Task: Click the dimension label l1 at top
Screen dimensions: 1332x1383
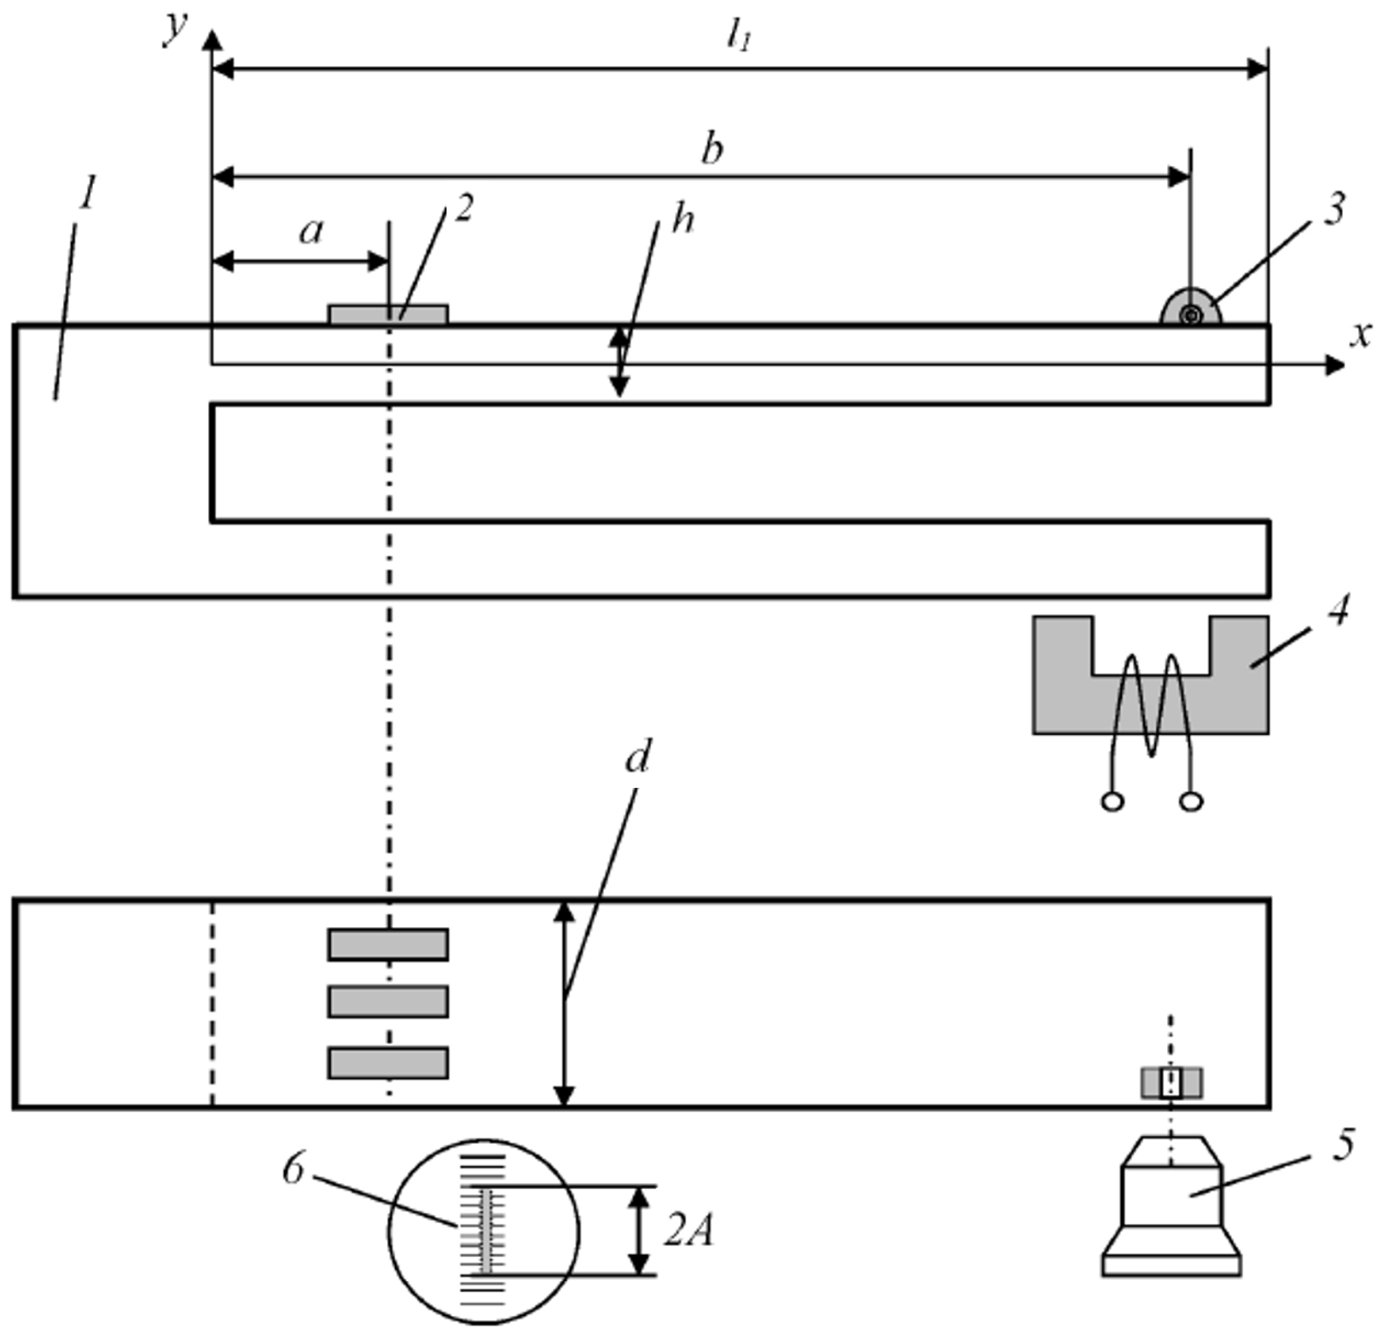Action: tap(739, 41)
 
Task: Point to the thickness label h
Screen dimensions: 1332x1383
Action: tap(682, 220)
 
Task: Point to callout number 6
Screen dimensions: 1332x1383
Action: tap(293, 1169)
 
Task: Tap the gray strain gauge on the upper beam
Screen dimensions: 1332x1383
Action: tap(388, 315)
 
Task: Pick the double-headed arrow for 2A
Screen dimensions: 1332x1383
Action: tap(639, 1231)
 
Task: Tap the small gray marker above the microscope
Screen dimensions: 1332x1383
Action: tap(1172, 1083)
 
